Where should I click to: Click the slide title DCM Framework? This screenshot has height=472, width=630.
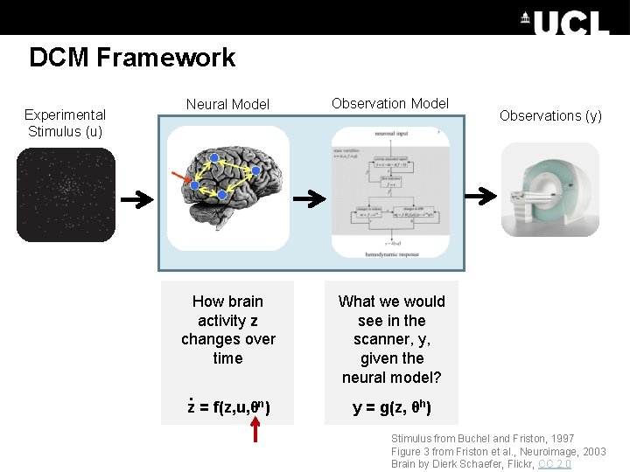pyautogui.click(x=132, y=58)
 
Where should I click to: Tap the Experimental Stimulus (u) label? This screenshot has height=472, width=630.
pyautogui.click(x=65, y=123)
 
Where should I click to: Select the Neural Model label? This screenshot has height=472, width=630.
pyautogui.click(x=227, y=104)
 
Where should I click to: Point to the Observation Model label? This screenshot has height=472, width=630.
pyautogui.click(x=390, y=103)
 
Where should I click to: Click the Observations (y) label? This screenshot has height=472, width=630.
pyautogui.click(x=550, y=115)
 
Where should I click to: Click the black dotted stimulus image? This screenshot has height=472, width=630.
pyautogui.click(x=66, y=194)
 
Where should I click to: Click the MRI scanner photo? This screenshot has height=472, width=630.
pyautogui.click(x=549, y=190)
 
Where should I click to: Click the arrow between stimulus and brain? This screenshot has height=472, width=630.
pyautogui.click(x=136, y=200)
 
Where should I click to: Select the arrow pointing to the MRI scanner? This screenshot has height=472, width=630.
pyautogui.click(x=480, y=197)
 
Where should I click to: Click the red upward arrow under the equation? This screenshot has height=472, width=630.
pyautogui.click(x=255, y=429)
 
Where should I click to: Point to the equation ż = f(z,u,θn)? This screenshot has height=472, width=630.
pyautogui.click(x=228, y=406)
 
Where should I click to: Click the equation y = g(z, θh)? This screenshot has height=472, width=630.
pyautogui.click(x=391, y=407)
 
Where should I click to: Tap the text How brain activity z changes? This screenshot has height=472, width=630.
pyautogui.click(x=228, y=330)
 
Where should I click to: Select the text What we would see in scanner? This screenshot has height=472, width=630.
pyautogui.click(x=391, y=339)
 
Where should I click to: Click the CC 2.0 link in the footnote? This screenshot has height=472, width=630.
pyautogui.click(x=555, y=463)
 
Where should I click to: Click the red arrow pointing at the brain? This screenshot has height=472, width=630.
pyautogui.click(x=182, y=179)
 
